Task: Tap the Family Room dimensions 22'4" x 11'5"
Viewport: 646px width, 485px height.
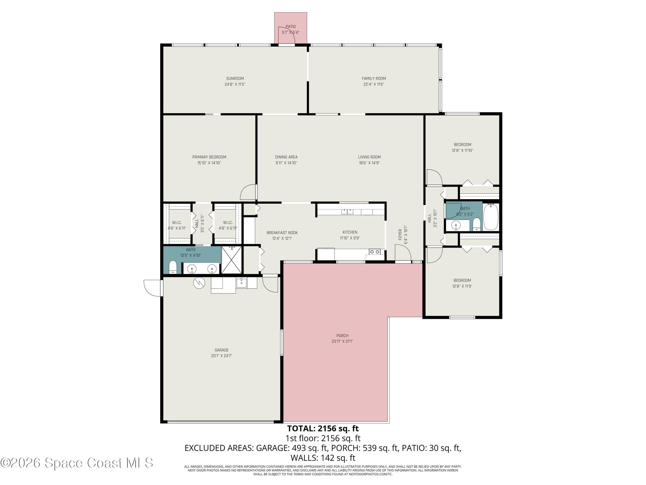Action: click(374, 84)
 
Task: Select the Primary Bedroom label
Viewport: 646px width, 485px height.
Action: click(209, 157)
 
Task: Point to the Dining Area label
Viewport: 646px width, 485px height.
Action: click(286, 157)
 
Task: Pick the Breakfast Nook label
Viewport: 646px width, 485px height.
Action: click(282, 233)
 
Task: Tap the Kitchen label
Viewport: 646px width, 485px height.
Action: click(350, 232)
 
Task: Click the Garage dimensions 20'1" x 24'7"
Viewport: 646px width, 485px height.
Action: click(221, 356)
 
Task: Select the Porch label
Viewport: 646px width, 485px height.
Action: click(342, 336)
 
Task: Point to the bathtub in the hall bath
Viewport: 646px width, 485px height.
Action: click(491, 217)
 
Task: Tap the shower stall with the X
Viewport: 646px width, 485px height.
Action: click(231, 260)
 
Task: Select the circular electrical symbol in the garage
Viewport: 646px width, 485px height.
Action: click(199, 283)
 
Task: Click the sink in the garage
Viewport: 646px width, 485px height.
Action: click(242, 283)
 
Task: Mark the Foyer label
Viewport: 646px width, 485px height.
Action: click(400, 235)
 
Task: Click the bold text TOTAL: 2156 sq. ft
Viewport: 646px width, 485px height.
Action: click(323, 429)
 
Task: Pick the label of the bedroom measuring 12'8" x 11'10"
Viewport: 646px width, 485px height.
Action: click(462, 144)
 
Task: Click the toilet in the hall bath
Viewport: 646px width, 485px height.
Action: click(477, 224)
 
